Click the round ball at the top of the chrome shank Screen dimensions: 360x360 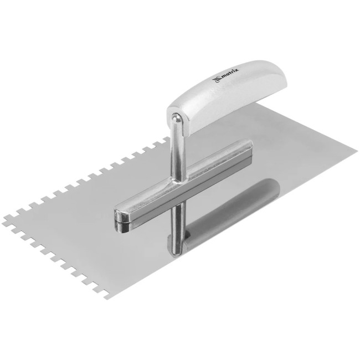coord(177,118)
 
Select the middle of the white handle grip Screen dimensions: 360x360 coord(227,96)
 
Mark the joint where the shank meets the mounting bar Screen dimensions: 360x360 coord(178,181)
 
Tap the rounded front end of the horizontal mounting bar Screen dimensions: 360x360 coord(122,218)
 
